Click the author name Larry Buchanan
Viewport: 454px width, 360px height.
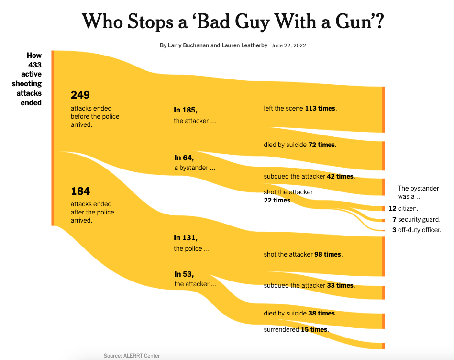click(188, 45)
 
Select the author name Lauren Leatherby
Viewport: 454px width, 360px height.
click(244, 45)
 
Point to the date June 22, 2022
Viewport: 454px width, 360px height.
click(288, 45)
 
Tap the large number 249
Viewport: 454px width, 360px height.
click(80, 95)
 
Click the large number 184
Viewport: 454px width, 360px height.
click(80, 191)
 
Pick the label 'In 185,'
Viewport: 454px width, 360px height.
click(186, 110)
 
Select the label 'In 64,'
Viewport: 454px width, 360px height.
click(184, 157)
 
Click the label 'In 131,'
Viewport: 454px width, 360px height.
click(186, 238)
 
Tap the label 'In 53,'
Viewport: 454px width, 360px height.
click(184, 274)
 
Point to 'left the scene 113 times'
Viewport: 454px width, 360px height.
click(300, 108)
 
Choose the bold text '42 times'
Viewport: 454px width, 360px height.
click(340, 176)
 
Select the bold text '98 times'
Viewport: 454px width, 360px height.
click(328, 255)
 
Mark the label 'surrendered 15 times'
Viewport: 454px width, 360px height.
click(296, 330)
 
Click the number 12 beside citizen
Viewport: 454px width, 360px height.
click(392, 209)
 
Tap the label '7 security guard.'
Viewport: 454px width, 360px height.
click(415, 219)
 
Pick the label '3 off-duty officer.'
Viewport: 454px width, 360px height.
click(416, 230)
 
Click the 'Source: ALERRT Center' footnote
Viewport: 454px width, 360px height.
click(132, 356)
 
